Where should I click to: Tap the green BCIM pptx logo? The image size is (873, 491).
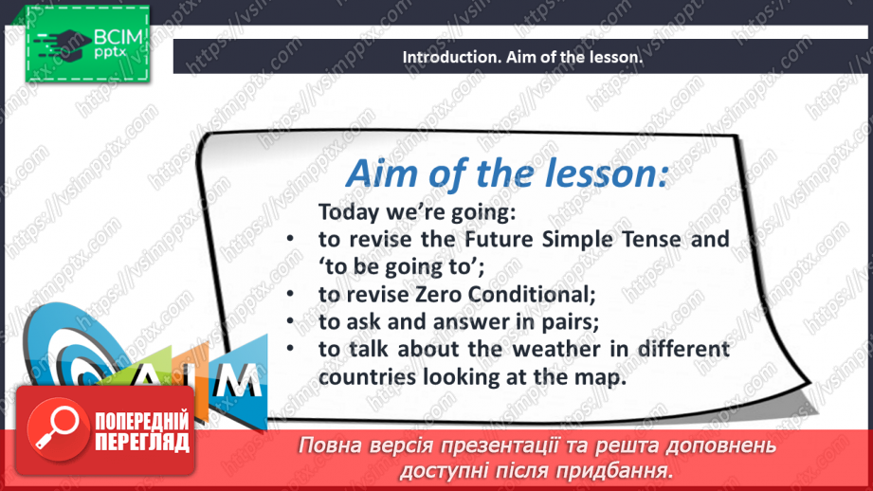click(87, 44)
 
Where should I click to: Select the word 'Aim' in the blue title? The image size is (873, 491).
click(382, 173)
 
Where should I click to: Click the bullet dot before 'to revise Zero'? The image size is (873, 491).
click(290, 294)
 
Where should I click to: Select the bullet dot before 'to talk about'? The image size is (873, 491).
click(290, 349)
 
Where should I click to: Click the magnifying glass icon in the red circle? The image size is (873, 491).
click(57, 429)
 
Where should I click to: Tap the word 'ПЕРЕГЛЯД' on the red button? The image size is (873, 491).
click(142, 443)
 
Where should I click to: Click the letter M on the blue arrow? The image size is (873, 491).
click(239, 380)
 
